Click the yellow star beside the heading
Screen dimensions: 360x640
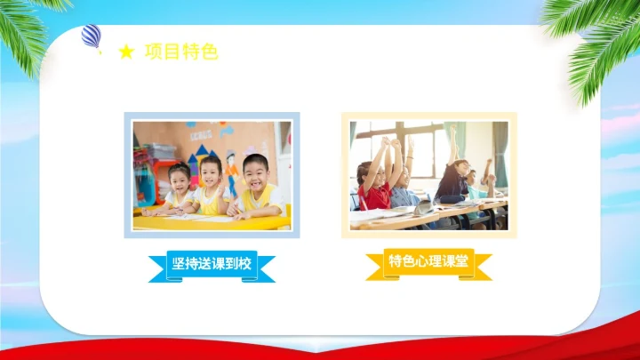[x=126, y=53]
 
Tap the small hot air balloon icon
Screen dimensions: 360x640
[x=91, y=36]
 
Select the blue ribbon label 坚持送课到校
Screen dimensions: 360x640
[x=212, y=264]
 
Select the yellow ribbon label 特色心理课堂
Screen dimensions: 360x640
[x=428, y=261]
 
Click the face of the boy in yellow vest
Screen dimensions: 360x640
[x=255, y=171]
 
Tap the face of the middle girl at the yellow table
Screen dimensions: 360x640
[x=211, y=172]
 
